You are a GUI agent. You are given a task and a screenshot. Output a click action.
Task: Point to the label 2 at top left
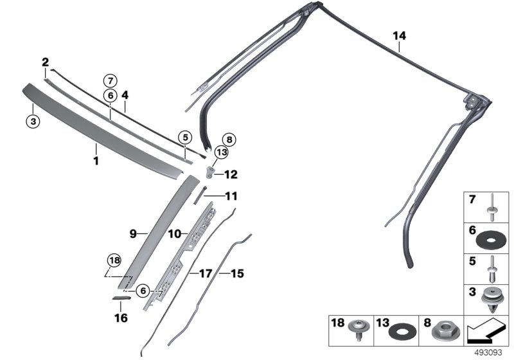(x=46, y=62)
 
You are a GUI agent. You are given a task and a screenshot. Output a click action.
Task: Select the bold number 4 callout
(x=125, y=96)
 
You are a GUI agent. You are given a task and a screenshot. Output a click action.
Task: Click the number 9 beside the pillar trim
(x=134, y=235)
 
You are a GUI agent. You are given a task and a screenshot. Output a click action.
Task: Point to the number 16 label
(x=121, y=318)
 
